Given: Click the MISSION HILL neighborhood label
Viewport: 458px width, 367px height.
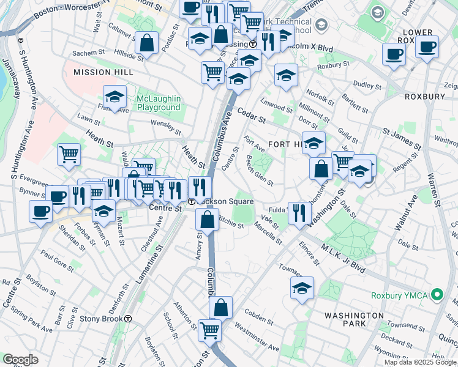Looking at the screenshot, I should [x=94, y=72].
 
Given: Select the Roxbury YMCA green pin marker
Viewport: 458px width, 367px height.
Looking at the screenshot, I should [x=437, y=295].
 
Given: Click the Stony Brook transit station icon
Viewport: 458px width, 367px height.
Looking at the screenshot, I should [x=128, y=319].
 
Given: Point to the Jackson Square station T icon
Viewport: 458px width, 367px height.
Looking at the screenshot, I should [x=192, y=201].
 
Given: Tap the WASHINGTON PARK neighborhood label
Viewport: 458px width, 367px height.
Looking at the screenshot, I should [x=354, y=320].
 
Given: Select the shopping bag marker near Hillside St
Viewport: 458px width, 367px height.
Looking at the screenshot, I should [x=147, y=43].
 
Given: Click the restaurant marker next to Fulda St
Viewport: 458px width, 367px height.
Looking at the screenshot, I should [x=299, y=213].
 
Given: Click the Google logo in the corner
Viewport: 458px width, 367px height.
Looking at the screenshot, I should [x=20, y=360].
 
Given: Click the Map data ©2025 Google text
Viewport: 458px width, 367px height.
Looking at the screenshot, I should [x=419, y=362].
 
